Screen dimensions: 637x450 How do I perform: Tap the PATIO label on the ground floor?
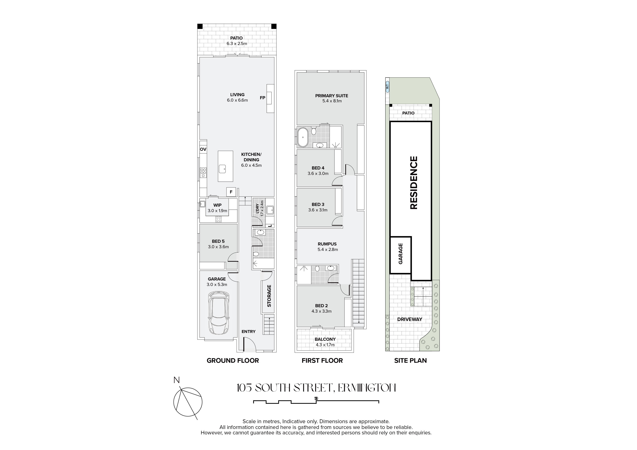236,38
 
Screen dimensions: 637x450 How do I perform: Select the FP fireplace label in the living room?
262,98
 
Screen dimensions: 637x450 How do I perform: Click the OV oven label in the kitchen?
203,149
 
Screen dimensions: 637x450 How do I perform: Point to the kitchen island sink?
222,169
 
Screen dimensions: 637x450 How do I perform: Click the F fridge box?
231,192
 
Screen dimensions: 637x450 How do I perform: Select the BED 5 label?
218,241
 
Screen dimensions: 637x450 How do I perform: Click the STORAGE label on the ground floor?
269,296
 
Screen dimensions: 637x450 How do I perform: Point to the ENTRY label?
249,331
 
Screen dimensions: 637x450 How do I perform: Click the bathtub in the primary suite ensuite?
302,137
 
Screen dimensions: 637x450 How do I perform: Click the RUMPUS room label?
327,244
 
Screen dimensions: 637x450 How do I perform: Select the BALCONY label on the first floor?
325,339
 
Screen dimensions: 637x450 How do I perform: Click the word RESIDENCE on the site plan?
414,183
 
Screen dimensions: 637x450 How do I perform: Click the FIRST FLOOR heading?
322,361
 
